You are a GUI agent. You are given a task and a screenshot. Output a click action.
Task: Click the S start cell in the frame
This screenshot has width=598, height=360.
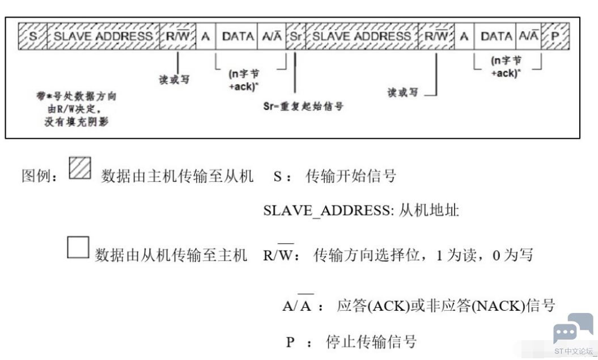coord(33,36)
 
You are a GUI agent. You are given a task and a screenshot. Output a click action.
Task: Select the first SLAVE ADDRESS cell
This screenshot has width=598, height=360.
coord(103,36)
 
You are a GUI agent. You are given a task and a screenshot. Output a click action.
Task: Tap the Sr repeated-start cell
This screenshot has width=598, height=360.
coord(296,36)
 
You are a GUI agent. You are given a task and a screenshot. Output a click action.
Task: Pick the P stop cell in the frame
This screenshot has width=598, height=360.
coord(555,36)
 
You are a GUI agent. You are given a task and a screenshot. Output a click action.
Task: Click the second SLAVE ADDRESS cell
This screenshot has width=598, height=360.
coord(362,36)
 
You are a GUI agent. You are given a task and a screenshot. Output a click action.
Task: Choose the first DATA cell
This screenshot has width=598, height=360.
coord(236,36)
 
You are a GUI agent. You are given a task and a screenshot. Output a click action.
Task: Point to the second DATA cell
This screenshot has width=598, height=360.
coord(495,36)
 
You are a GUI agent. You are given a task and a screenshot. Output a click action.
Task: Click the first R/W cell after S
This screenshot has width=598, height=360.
coord(178,36)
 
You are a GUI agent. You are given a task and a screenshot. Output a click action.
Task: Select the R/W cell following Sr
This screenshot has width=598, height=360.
coord(436,36)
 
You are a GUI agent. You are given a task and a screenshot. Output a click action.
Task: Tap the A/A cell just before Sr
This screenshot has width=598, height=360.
coord(272,36)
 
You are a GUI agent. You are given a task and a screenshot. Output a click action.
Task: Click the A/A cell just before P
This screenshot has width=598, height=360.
coord(529,36)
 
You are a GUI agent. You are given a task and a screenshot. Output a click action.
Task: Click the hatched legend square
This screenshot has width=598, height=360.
coord(80,168)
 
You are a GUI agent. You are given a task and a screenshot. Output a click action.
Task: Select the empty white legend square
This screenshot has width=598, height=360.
coord(78,247)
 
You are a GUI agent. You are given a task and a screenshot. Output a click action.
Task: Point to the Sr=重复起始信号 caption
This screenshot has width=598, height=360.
coord(303,106)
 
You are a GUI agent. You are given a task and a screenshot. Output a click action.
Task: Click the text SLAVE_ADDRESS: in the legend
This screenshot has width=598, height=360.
coord(328,210)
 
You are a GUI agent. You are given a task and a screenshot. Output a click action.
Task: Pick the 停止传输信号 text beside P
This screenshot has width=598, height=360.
coord(371,342)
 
